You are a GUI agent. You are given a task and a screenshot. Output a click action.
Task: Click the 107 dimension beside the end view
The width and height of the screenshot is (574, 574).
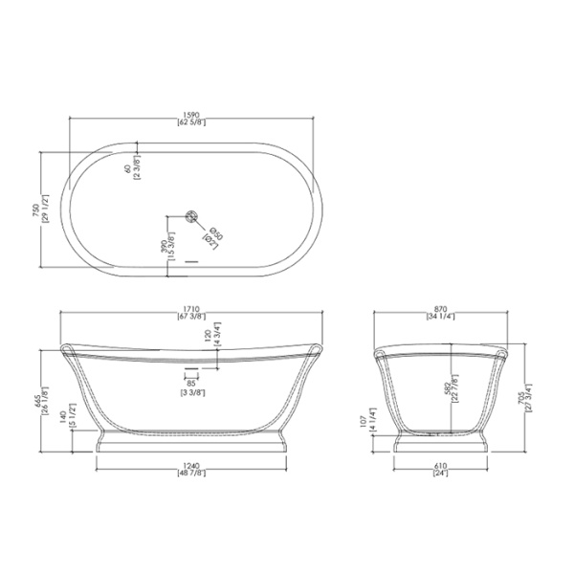pyautogui.click(x=391, y=423)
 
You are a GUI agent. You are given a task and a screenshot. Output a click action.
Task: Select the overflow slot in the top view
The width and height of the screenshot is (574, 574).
pyautogui.click(x=190, y=257)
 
